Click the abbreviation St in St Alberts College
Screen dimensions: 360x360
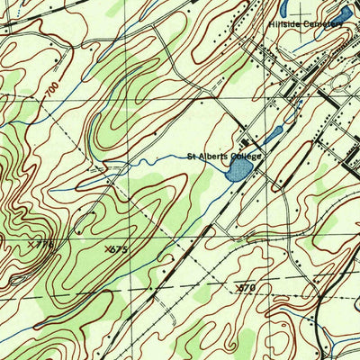tap(191, 157)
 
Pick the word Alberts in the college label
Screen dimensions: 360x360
tap(214, 157)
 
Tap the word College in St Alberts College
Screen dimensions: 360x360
tap(247, 157)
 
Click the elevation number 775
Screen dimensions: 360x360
tap(45, 244)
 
